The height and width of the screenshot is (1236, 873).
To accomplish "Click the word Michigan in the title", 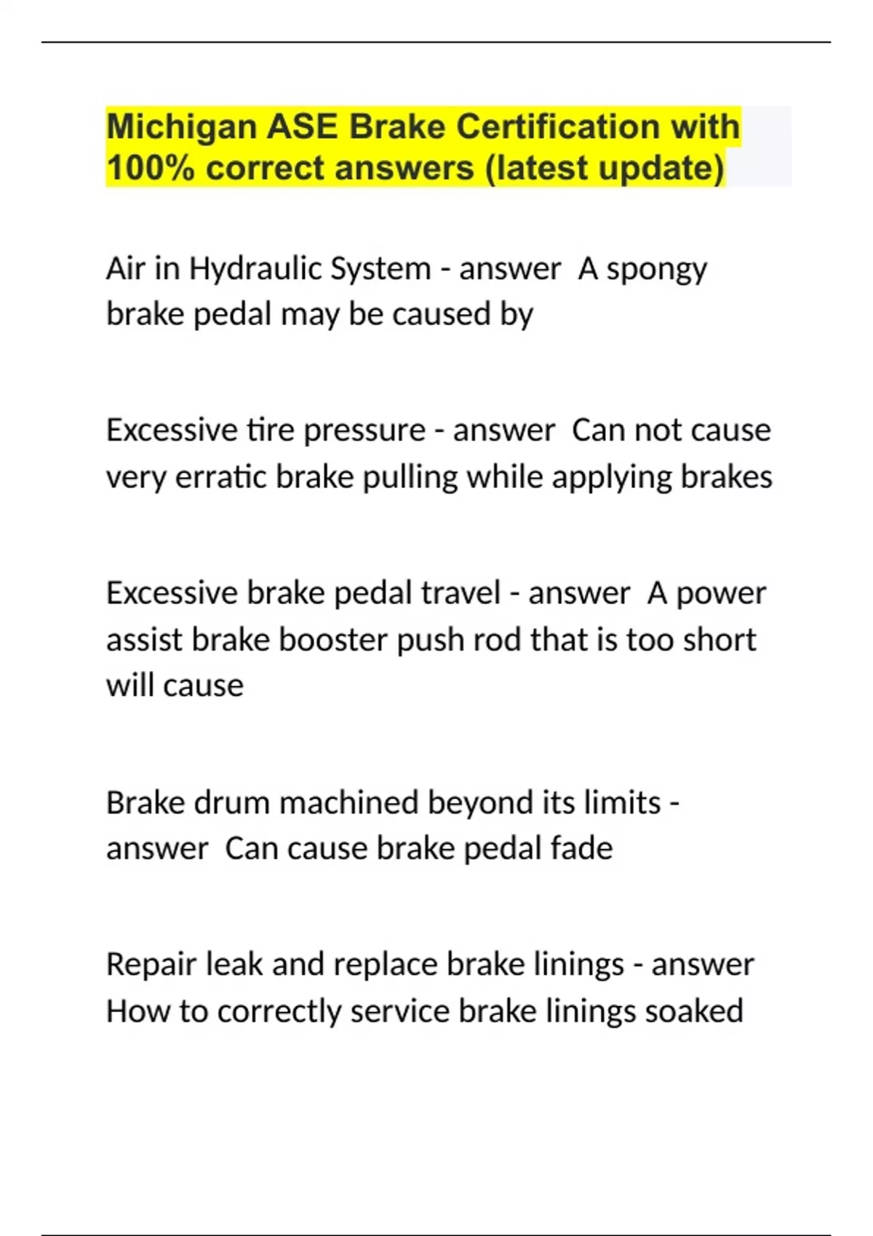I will (x=180, y=128).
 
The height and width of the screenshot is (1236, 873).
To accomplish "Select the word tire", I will (x=271, y=430).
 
